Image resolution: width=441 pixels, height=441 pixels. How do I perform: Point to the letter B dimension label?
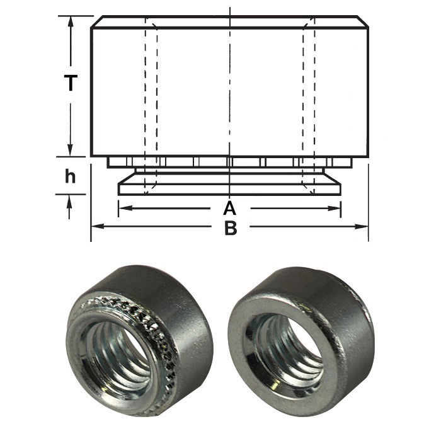[231, 228]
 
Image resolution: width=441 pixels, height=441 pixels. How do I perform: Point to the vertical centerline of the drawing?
[230, 94]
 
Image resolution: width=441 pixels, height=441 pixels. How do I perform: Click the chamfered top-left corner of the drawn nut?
[94, 22]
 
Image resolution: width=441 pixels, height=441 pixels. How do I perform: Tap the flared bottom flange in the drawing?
[230, 188]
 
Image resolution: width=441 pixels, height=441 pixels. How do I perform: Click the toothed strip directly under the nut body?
[230, 162]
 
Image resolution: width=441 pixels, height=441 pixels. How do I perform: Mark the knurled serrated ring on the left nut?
[157, 328]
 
